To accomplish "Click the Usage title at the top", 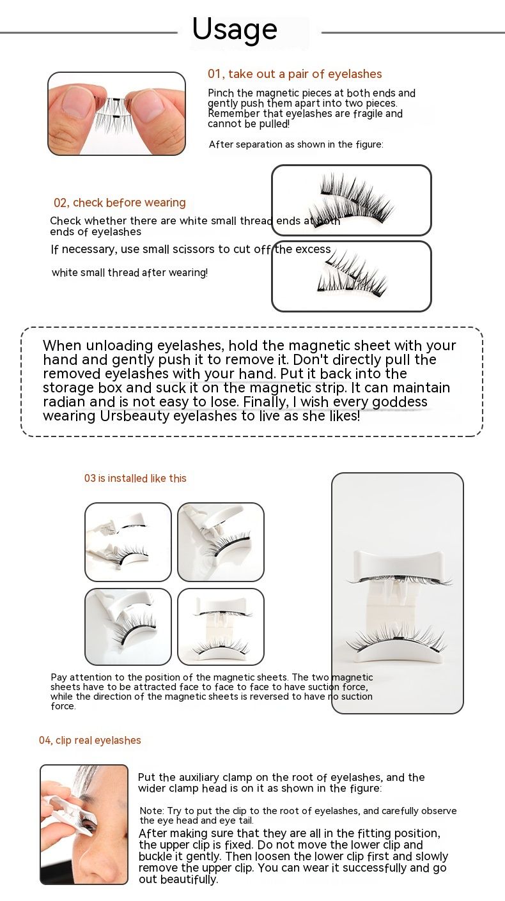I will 235,30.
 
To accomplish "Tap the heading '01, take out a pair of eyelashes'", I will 295,74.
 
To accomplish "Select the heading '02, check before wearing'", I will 120,203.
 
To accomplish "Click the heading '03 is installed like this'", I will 136,478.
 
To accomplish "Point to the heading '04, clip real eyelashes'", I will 90,740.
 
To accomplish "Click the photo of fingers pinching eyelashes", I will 116,114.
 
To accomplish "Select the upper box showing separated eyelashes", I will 351,200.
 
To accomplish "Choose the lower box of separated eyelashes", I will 351,276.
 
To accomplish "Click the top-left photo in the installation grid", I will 128,541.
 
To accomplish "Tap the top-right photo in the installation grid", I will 221,541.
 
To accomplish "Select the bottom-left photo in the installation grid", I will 128,626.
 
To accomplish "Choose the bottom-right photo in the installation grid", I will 221,626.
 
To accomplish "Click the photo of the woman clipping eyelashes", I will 84,824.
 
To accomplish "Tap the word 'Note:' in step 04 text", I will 151,811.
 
